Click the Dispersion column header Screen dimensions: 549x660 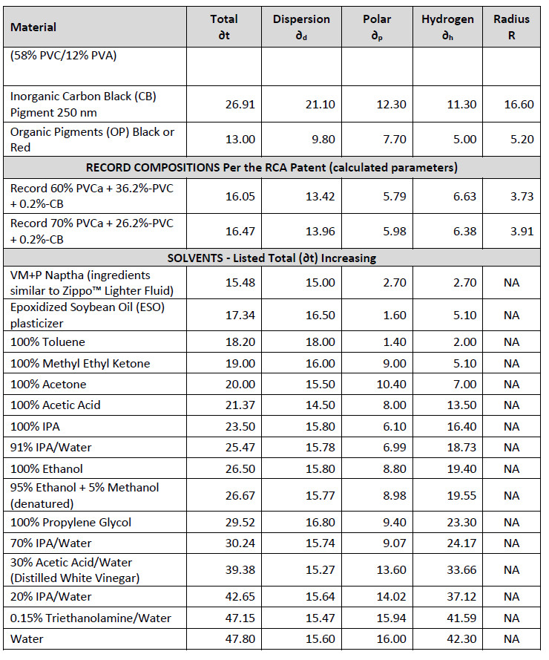click(301, 27)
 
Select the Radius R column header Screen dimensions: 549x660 click(511, 27)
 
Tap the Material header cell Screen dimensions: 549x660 click(33, 27)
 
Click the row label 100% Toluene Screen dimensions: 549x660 click(47, 342)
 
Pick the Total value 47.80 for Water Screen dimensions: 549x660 click(240, 639)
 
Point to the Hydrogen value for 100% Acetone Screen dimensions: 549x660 click(465, 385)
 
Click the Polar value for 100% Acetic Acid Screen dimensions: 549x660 click(395, 405)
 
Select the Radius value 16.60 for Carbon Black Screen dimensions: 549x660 click(519, 105)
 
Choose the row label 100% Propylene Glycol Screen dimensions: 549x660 click(70, 523)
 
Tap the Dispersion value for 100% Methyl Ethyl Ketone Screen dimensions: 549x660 click(320, 363)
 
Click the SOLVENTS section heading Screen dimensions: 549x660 click(272, 258)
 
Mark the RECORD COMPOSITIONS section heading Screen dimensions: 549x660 click(272, 168)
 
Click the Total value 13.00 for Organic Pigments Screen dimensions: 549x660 click(240, 140)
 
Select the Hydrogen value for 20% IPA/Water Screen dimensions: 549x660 click(461, 596)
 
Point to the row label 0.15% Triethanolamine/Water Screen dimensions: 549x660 click(91, 618)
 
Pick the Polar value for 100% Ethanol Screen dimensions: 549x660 click(395, 469)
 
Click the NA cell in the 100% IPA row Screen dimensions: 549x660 click(512, 426)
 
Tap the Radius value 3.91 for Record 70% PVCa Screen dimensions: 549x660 click(522, 232)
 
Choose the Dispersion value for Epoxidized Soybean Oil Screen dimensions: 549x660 click(320, 316)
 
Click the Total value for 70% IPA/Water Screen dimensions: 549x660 click(240, 543)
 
